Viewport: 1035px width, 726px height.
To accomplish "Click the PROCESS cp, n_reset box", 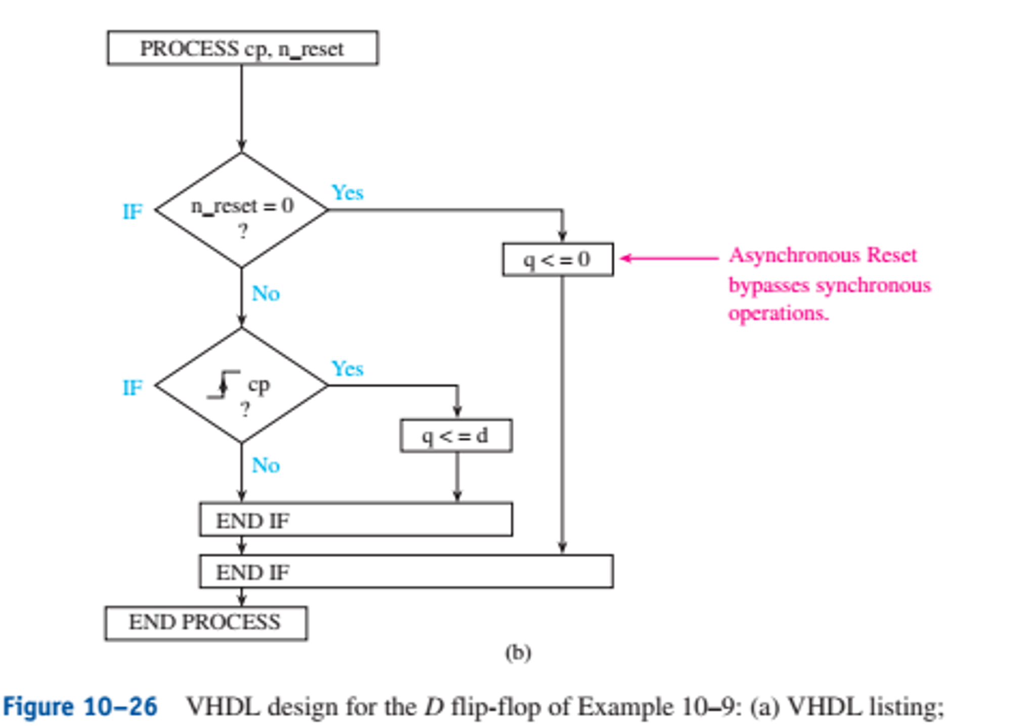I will tap(242, 48).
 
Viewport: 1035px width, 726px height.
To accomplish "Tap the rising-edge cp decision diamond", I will tap(242, 386).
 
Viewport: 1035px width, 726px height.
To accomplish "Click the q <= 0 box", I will tap(557, 260).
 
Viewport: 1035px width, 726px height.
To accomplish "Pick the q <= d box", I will tap(456, 436).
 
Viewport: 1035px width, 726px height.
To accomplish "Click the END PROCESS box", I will tap(205, 623).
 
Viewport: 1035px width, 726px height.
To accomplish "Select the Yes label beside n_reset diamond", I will tap(347, 193).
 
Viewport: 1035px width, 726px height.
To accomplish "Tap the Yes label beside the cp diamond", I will tap(347, 368).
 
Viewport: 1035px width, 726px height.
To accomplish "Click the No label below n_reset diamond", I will tap(266, 293).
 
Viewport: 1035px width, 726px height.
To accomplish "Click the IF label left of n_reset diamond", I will tap(133, 211).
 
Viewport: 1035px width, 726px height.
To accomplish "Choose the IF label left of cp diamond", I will tap(133, 388).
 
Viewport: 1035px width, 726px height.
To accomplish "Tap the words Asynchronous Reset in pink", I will tap(823, 255).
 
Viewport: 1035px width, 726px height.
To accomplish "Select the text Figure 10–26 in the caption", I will tap(80, 706).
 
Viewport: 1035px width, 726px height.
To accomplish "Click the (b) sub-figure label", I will tap(517, 653).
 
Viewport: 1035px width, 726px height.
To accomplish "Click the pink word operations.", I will tap(778, 313).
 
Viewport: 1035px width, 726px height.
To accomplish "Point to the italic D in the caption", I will tap(434, 707).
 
